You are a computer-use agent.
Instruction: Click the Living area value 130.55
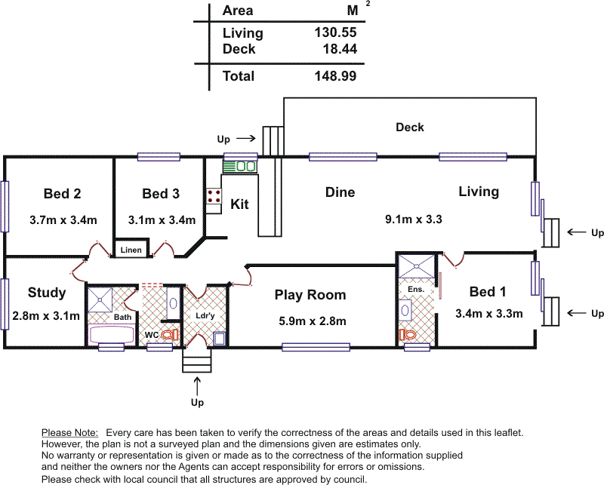[334, 32]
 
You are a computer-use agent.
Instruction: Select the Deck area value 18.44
[339, 49]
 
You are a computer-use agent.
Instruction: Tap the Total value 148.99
[334, 76]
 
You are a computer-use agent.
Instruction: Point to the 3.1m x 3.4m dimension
[161, 220]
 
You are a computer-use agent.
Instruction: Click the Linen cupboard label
[131, 250]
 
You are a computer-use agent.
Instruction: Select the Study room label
[47, 293]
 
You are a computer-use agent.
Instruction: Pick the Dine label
[340, 192]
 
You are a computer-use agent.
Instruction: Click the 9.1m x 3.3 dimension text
[413, 220]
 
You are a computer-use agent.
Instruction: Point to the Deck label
[410, 127]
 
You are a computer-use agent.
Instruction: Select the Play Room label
[310, 295]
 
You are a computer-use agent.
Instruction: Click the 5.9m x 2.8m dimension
[313, 321]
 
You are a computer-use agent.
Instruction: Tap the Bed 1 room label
[488, 292]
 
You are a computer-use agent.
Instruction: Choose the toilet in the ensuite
[409, 333]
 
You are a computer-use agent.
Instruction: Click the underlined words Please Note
[69, 433]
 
